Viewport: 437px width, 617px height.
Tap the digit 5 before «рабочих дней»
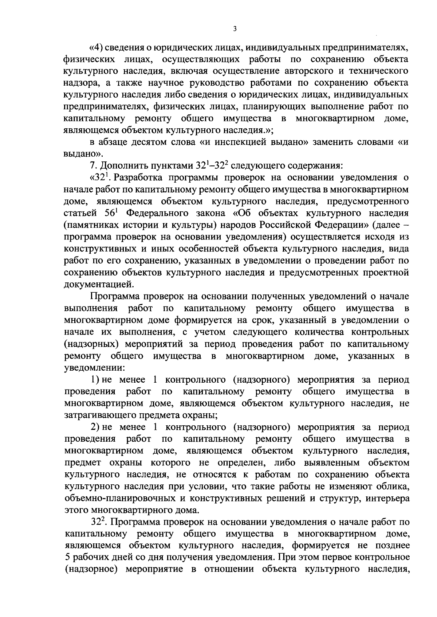click(67, 557)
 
